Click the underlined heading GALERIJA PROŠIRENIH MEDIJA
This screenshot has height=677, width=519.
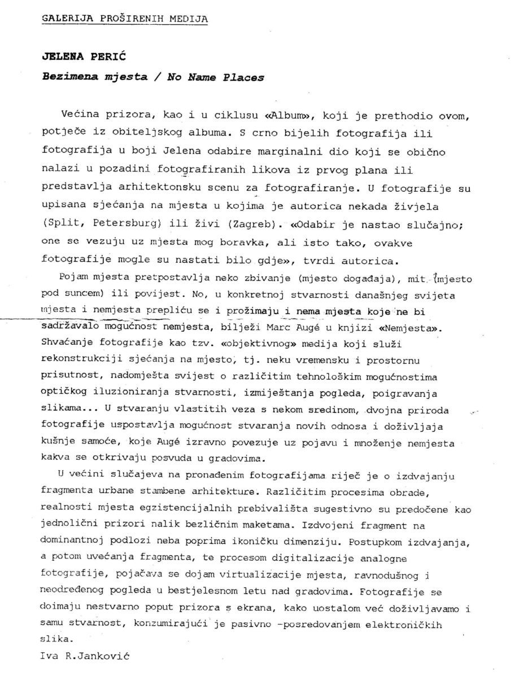124,18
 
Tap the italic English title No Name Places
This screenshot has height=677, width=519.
215,77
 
